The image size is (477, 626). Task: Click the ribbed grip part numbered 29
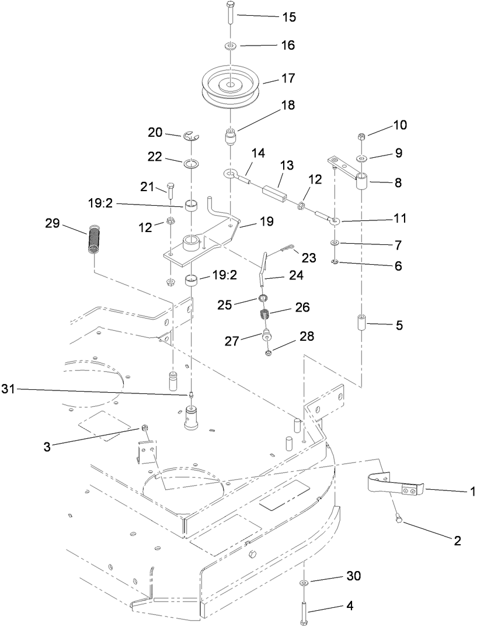tap(94, 239)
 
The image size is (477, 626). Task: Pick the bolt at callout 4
tap(305, 611)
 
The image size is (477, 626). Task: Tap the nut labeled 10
tap(361, 137)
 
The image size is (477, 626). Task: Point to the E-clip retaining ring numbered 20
tap(190, 137)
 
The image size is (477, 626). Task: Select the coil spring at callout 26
tap(266, 317)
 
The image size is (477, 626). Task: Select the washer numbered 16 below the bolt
tap(230, 45)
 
